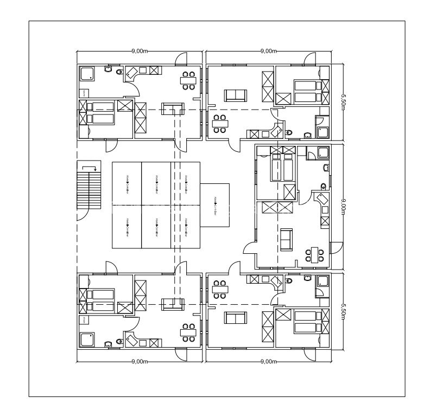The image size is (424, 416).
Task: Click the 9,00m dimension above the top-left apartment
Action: tap(139, 51)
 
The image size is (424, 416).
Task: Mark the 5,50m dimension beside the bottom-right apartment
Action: tap(343, 312)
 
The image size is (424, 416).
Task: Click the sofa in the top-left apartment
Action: tap(174, 108)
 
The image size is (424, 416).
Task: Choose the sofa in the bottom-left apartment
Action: tap(174, 304)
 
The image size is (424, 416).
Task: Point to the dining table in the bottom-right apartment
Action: tap(220, 289)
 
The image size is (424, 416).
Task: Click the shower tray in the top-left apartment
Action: tap(87, 74)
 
